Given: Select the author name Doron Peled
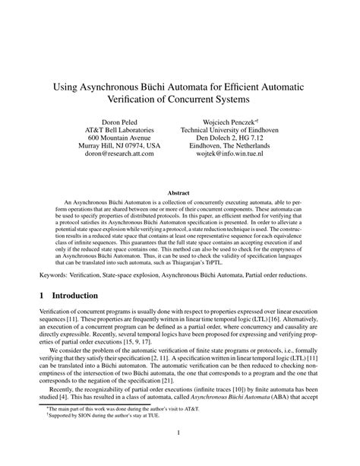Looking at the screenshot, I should (x=122, y=122).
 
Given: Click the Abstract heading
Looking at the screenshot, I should (x=178, y=194).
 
